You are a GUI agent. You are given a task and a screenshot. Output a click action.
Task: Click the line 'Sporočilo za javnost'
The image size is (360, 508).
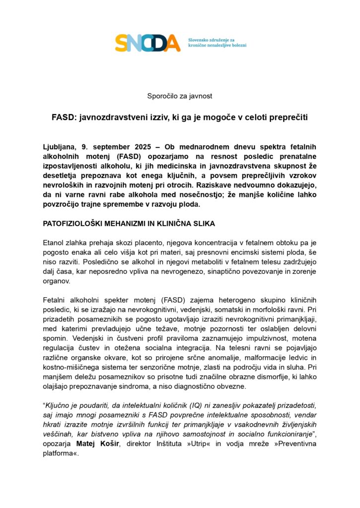180,96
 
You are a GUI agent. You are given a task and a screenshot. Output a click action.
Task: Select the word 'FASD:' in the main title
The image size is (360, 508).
63,118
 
